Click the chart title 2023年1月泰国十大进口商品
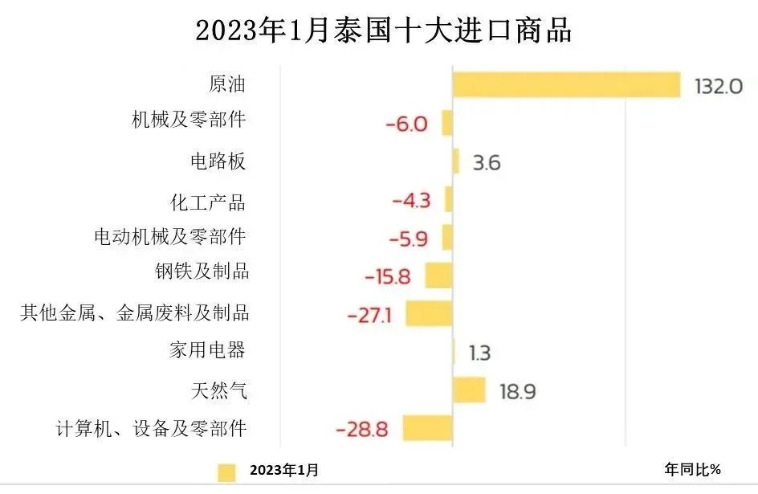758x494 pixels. tap(383, 31)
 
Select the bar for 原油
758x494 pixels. tap(566, 84)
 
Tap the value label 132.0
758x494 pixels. tap(719, 86)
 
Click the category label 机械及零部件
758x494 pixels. tap(188, 121)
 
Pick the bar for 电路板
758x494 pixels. tap(456, 161)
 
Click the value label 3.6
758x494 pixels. tap(487, 163)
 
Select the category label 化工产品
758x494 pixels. tap(208, 200)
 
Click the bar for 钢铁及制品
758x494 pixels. tap(438, 276)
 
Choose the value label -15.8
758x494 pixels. tap(388, 277)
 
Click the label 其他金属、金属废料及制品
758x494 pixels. tap(134, 312)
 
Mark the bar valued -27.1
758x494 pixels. tap(429, 313)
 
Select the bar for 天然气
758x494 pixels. tap(469, 390)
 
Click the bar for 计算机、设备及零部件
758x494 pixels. tap(427, 428)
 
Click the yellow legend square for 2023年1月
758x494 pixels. tap(226, 472)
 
